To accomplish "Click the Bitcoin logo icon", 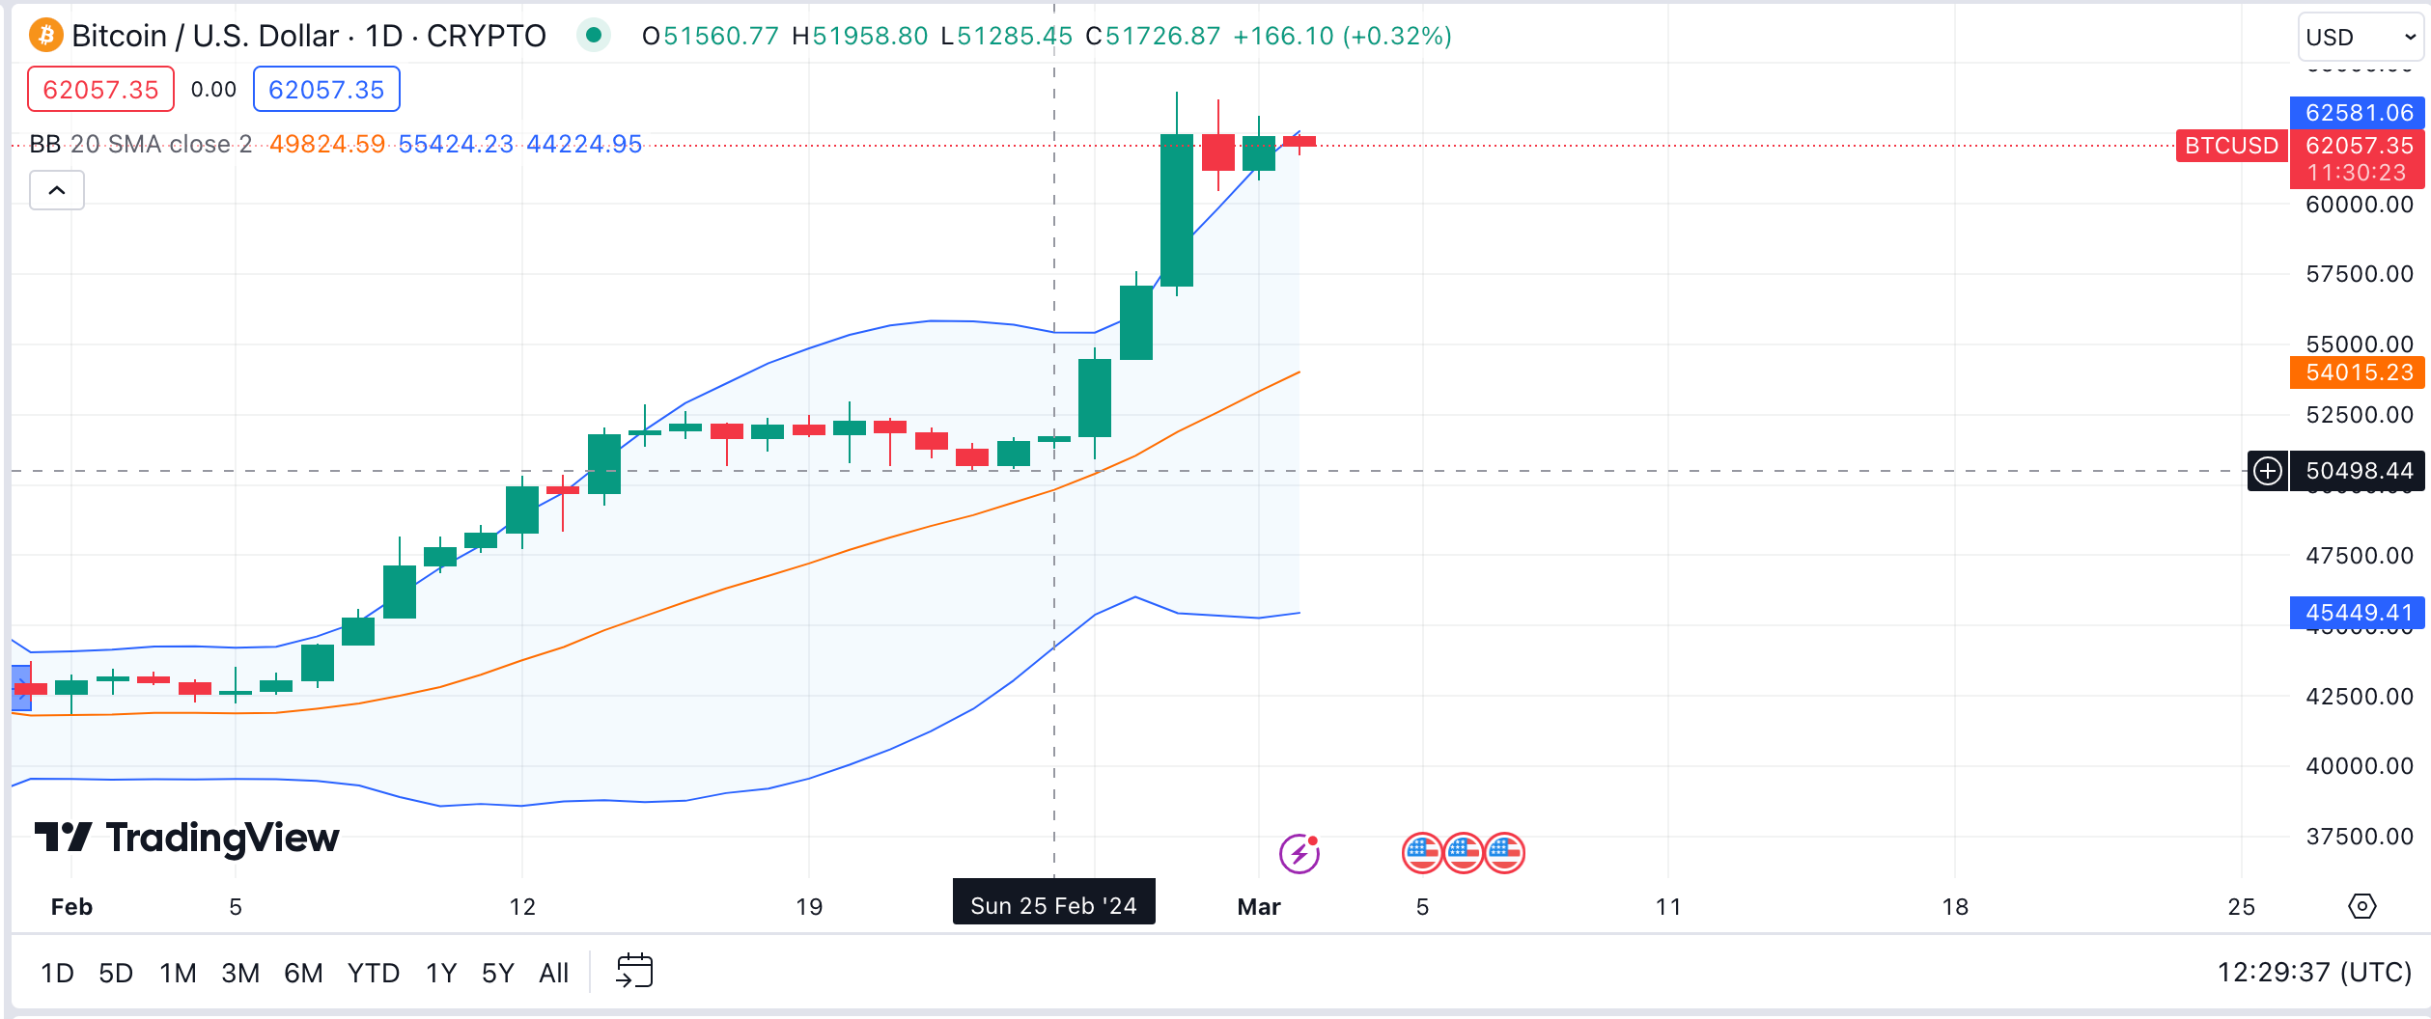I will (45, 36).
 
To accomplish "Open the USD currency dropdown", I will (2359, 38).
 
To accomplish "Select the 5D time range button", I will (116, 973).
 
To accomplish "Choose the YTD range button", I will (373, 973).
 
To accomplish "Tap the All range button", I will (553, 973).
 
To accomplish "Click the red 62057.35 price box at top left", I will (100, 90).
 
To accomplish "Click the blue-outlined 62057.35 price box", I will (326, 90).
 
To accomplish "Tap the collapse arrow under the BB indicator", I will (57, 190).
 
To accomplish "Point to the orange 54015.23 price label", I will (2358, 372).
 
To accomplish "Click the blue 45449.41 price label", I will (2358, 613).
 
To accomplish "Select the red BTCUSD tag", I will (2230, 146).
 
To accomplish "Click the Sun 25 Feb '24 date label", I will (1053, 905).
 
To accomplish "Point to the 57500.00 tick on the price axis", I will (2359, 274).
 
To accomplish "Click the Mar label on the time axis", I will (1258, 907).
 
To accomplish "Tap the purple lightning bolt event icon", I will (1299, 854).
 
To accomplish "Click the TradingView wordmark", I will (187, 838).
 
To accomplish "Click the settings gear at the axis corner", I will (2361, 906).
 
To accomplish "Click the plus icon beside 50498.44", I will (2267, 471).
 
